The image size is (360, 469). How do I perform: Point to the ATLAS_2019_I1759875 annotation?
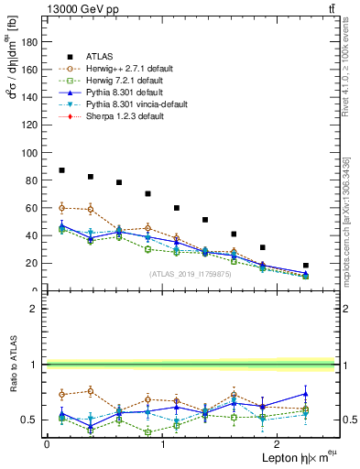[189, 274]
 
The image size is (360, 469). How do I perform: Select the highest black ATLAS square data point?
[61, 170]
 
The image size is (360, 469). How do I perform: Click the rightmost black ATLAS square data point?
[306, 266]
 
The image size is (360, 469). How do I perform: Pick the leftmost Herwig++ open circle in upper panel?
[61, 208]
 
